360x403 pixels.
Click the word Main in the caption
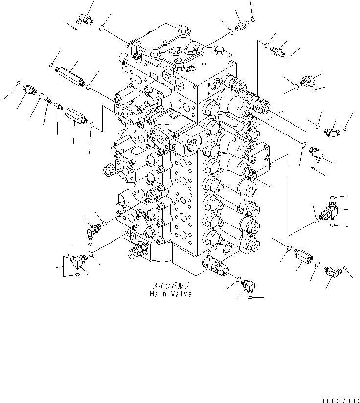(158, 294)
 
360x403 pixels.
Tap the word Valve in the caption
(181, 294)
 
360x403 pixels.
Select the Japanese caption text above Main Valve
(171, 285)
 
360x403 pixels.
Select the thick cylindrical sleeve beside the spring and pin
(76, 116)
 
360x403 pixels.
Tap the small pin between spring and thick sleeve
(58, 105)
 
